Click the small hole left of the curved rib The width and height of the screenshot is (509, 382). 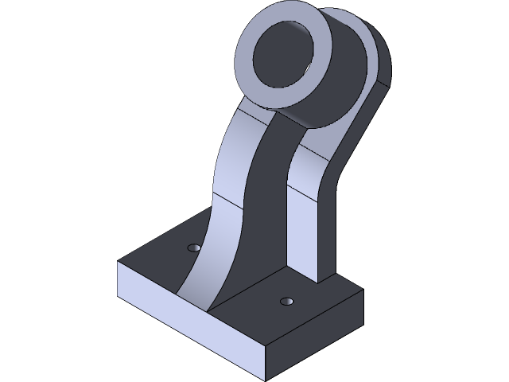click(x=192, y=248)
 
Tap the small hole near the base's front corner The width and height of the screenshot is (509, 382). click(x=286, y=302)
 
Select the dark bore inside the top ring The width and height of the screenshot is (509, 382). click(x=284, y=55)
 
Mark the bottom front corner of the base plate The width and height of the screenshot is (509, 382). click(x=266, y=375)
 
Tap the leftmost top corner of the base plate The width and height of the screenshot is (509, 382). click(x=119, y=262)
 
